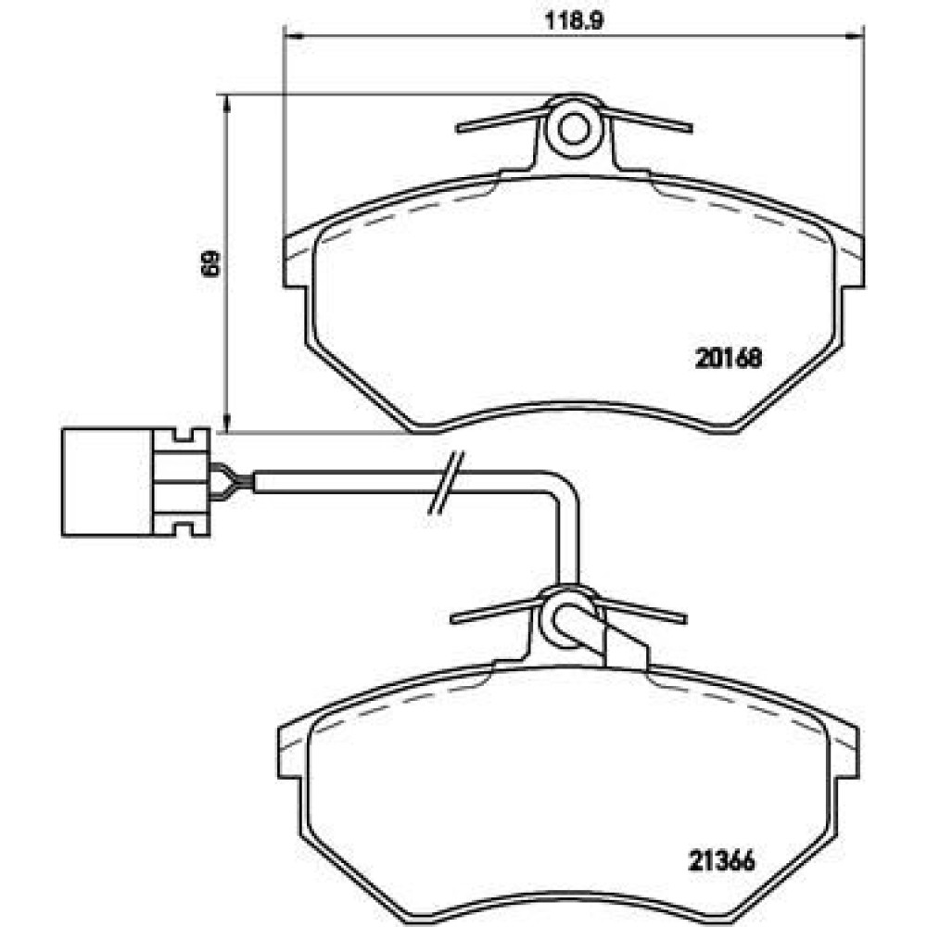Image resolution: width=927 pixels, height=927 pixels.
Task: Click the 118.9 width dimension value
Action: tap(573, 21)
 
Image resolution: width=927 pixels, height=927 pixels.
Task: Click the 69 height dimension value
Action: tap(210, 263)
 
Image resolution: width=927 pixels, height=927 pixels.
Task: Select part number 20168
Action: tap(729, 358)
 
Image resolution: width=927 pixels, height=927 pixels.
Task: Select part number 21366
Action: tap(721, 860)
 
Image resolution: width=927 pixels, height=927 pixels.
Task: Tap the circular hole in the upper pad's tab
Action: tap(573, 130)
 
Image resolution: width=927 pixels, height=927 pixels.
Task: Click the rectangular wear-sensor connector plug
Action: tap(135, 482)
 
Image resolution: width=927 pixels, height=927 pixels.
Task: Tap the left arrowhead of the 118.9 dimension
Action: tap(293, 36)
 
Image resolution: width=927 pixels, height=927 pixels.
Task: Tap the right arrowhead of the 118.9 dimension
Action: tap(855, 36)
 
